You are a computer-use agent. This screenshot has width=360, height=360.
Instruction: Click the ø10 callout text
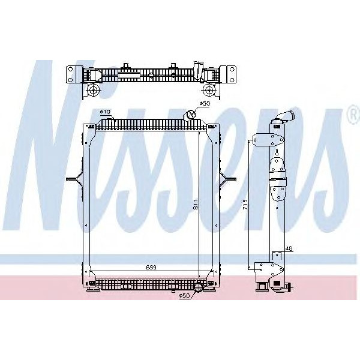[x=104, y=112]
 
